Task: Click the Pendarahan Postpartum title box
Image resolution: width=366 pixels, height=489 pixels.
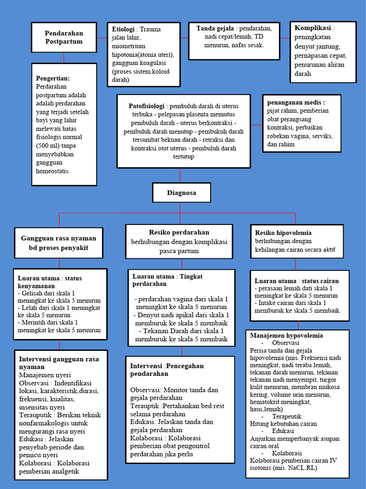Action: [x=64, y=37]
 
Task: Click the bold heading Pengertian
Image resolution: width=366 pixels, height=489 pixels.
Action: [x=52, y=78]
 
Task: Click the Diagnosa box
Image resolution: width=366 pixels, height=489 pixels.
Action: [x=181, y=193]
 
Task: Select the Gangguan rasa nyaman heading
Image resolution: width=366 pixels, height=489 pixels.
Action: [x=59, y=238]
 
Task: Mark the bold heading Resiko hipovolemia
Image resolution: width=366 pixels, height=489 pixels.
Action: [x=283, y=233]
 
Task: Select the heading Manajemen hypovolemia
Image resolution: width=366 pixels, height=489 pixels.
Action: [x=286, y=336]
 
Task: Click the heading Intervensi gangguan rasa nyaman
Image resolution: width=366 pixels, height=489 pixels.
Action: [x=59, y=362]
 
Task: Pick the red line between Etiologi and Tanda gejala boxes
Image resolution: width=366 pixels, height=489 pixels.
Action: [x=185, y=38]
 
